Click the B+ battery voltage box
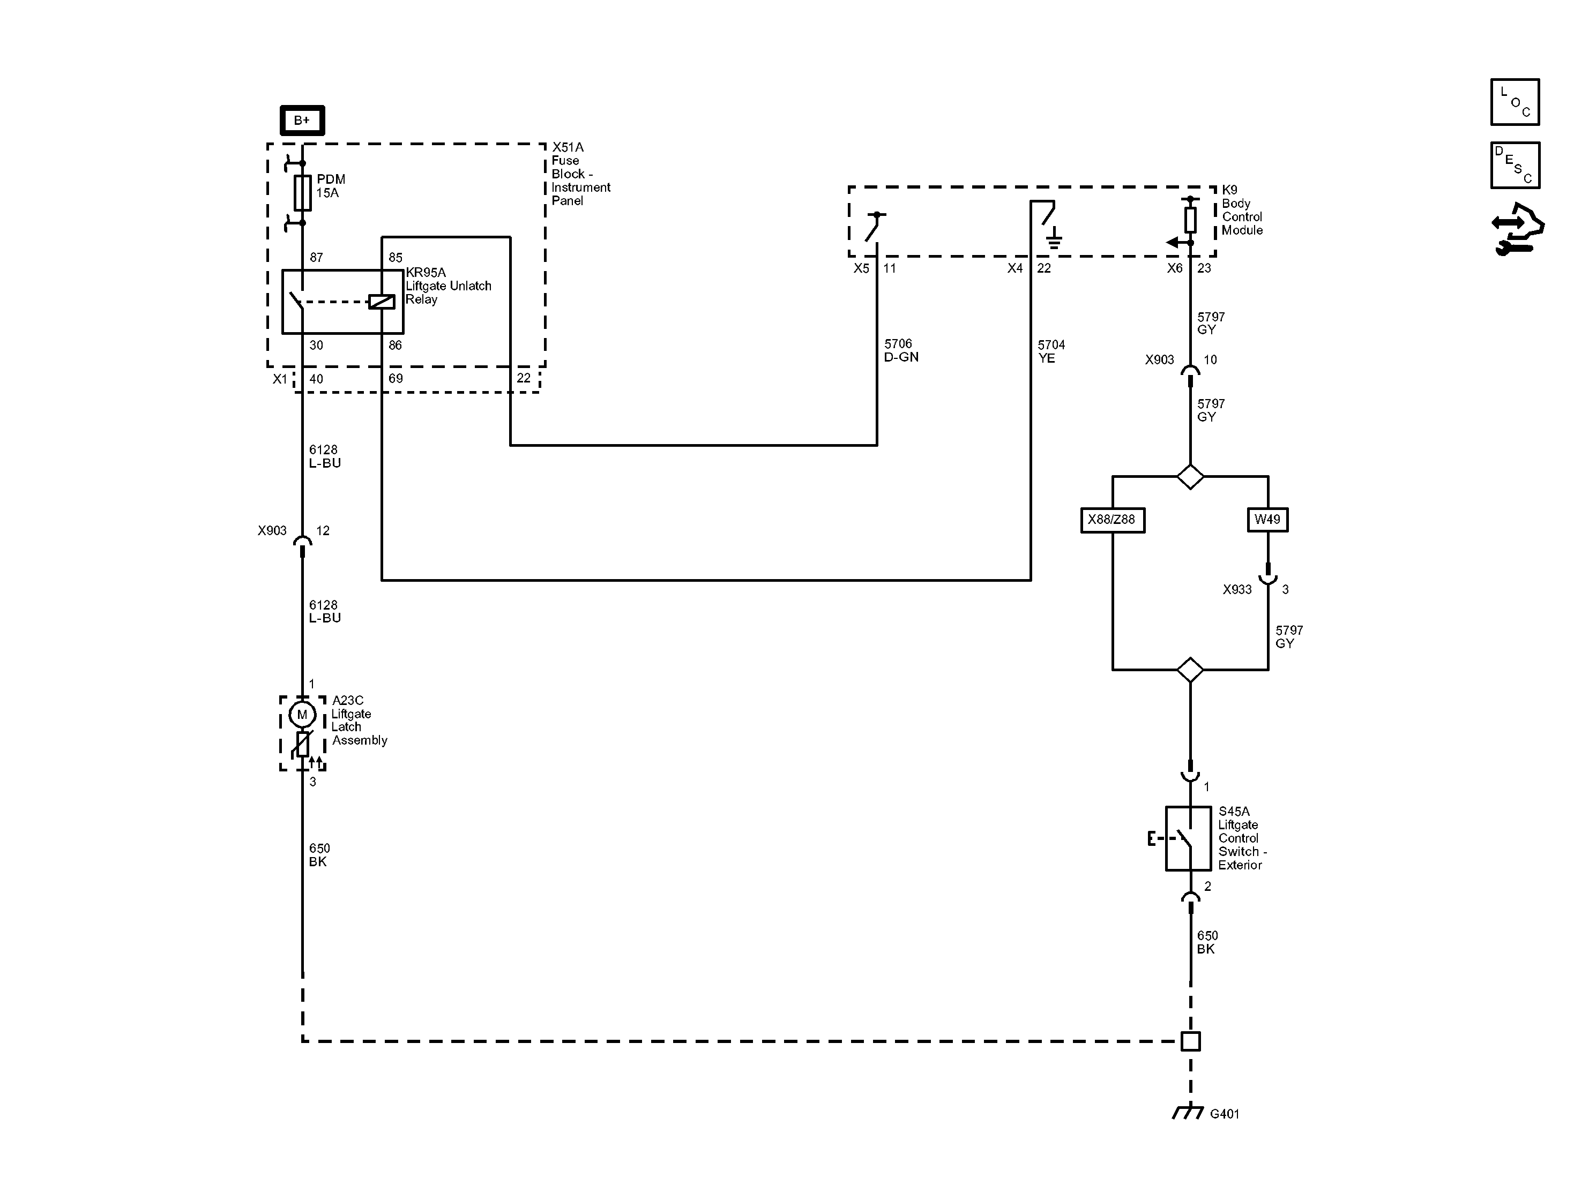302,120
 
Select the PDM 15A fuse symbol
302,193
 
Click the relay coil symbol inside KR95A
382,302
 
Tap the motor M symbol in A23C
302,714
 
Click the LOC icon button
1515,102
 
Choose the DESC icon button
1515,165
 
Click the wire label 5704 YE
1051,351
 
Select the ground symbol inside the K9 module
1054,238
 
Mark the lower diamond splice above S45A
1190,670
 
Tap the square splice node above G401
1190,1041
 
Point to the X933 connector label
1237,590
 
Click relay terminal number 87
316,258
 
